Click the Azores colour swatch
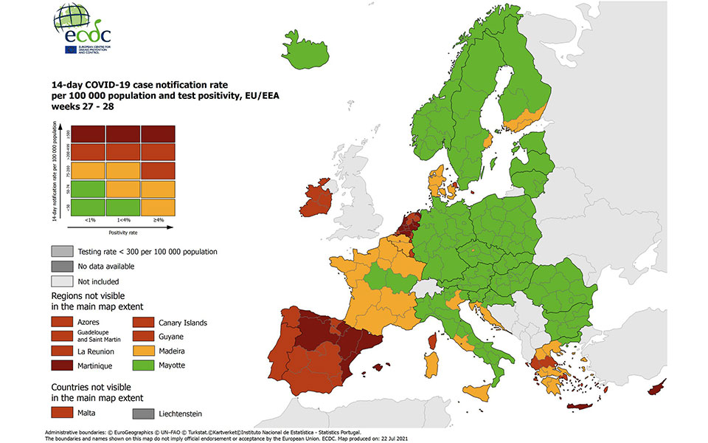[x=63, y=322]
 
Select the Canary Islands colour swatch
[x=145, y=322]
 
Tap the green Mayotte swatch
[x=145, y=365]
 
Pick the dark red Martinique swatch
[x=63, y=365]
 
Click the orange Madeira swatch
[x=145, y=351]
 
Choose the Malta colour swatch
[x=63, y=413]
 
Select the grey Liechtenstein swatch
[x=145, y=413]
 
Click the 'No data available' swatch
[x=63, y=266]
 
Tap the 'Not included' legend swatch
[x=63, y=281]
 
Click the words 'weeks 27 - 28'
[x=83, y=106]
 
